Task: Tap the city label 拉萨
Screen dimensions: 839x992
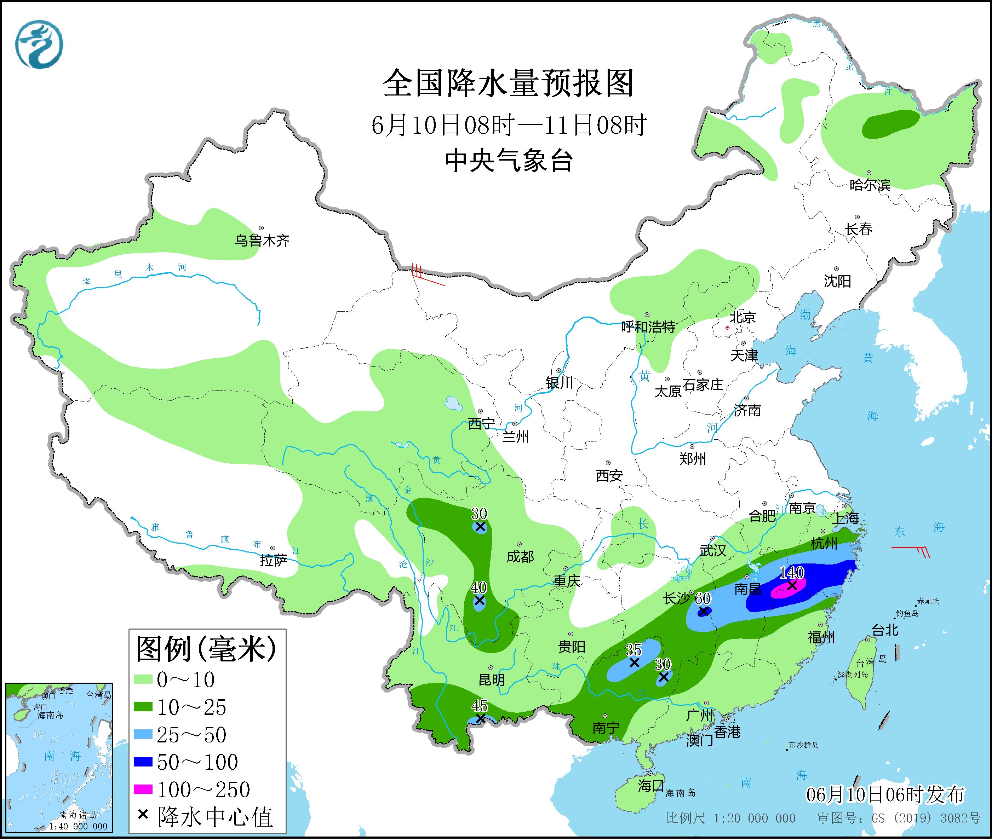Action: [273, 561]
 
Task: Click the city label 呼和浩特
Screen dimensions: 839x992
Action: [648, 327]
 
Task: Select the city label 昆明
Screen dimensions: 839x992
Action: [492, 680]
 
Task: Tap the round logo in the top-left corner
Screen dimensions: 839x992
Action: [39, 45]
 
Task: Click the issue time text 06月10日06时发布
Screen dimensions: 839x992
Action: [885, 795]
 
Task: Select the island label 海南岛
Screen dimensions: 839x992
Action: [680, 793]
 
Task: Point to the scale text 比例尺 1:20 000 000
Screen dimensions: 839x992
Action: [730, 818]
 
